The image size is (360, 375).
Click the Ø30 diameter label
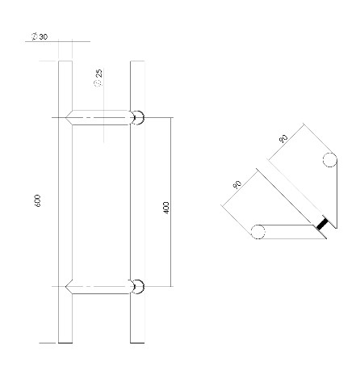pos(38,37)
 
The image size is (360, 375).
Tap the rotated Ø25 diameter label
pos(98,78)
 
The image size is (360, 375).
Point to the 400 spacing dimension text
pos(165,207)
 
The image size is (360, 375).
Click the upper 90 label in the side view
pos(283,140)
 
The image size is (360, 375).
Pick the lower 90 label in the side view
pos(237,184)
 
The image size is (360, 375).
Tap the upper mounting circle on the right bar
pos(138,118)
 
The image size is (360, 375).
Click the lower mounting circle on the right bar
pos(138,285)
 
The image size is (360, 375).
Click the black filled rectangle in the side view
pos(322,224)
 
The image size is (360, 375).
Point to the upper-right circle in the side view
pos(329,159)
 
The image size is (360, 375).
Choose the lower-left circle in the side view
pos(257,233)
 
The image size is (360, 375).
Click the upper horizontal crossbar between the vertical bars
pos(102,118)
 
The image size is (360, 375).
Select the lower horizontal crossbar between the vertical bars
pos(102,285)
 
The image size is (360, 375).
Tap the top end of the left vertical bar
pos(66,62)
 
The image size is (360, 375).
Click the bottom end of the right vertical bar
pos(137,341)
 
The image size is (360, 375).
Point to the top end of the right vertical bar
pos(137,62)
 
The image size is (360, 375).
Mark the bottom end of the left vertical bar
pos(66,341)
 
